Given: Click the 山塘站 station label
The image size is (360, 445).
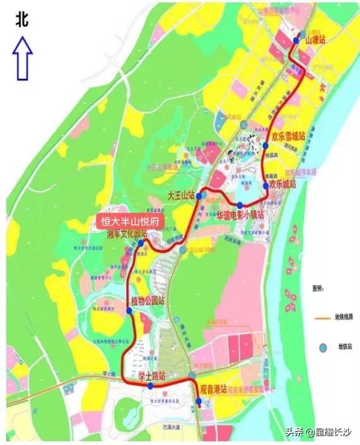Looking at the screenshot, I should click(315, 40).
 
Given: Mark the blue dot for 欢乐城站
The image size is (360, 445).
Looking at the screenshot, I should click(265, 186).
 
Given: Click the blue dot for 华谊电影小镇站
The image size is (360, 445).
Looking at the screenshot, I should click(240, 205).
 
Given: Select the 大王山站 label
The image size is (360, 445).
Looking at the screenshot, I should click(180, 197).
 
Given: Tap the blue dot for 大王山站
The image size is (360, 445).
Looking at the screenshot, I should click(199, 197).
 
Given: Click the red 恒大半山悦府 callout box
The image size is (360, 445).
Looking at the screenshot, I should click(129, 221).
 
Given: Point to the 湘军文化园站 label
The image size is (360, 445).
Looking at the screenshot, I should click(126, 234).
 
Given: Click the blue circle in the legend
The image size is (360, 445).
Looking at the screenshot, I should click(323, 347).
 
